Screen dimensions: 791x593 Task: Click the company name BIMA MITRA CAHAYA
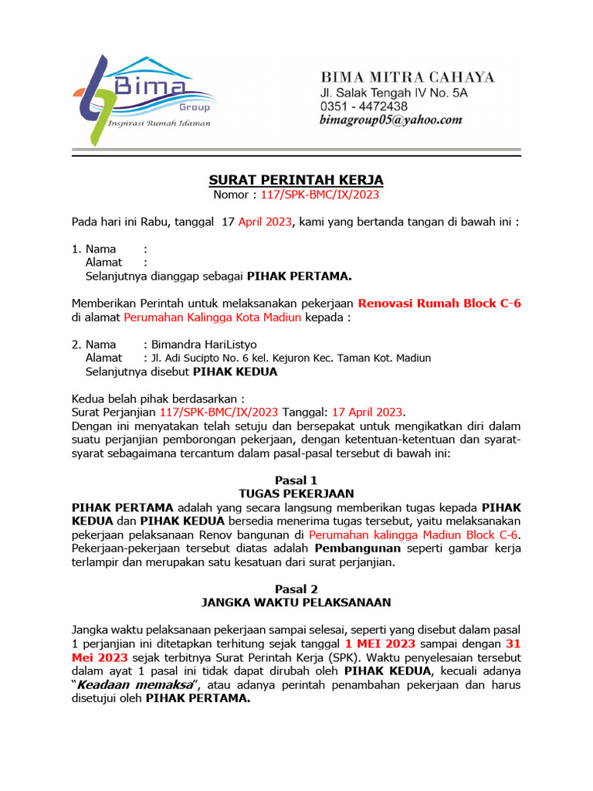point(408,77)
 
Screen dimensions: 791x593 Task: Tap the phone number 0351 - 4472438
point(364,107)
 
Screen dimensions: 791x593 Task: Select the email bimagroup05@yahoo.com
point(391,121)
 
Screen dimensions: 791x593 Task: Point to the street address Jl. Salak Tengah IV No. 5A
point(394,93)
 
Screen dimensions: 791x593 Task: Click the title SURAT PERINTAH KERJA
point(296,180)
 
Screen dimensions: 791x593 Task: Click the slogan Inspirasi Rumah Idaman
point(158,123)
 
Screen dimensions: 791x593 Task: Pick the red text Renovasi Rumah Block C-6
point(439,303)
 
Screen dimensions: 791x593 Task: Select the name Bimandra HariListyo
point(193,344)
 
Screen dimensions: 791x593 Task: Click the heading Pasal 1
point(296,480)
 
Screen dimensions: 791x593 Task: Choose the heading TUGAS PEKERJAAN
point(296,493)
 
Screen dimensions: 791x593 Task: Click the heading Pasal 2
point(296,589)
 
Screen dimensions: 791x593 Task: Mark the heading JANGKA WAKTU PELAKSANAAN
point(296,602)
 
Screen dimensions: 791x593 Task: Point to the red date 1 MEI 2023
point(381,643)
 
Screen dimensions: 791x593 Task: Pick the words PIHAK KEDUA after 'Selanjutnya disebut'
point(235,372)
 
